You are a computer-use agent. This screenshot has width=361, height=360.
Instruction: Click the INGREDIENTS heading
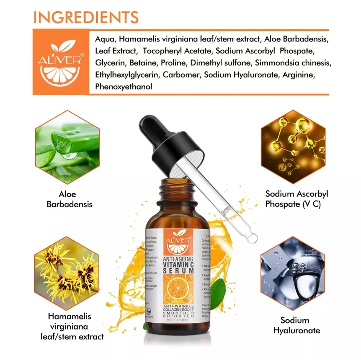tap(86, 17)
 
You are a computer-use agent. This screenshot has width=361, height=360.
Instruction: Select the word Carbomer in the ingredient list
tap(181, 74)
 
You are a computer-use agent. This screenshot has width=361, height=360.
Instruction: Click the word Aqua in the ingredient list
tap(104, 39)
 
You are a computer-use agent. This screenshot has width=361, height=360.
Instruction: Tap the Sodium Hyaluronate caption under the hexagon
tap(297, 325)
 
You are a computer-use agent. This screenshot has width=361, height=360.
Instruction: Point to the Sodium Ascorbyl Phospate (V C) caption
tap(297, 199)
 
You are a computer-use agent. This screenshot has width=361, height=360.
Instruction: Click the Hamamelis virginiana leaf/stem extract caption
tap(70, 327)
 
